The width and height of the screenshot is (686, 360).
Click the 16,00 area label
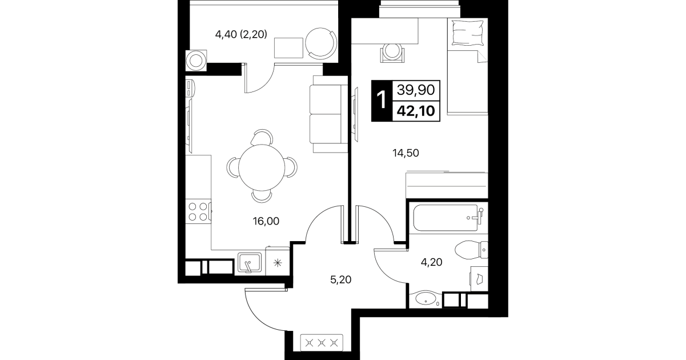pyautogui.click(x=266, y=221)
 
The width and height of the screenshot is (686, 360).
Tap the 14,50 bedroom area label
pyautogui.click(x=406, y=153)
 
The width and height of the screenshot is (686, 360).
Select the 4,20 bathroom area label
pyautogui.click(x=431, y=262)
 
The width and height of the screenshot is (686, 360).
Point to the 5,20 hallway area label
pyautogui.click(x=340, y=279)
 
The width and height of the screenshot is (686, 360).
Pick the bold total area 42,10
pyautogui.click(x=416, y=111)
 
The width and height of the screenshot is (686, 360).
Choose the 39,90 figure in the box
pyautogui.click(x=416, y=90)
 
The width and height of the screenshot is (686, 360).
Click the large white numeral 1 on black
pyautogui.click(x=382, y=100)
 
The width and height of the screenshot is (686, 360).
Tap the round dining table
pyautogui.click(x=262, y=167)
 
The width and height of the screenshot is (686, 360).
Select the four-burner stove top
pyautogui.click(x=198, y=211)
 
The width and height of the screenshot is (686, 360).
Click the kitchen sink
pyautogui.click(x=250, y=263)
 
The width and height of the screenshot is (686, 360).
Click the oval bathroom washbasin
pyautogui.click(x=425, y=299)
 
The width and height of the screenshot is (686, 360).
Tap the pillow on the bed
pyautogui.click(x=468, y=32)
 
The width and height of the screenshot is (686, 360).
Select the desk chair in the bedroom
pyautogui.click(x=392, y=53)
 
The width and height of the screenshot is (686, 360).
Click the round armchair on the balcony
pyautogui.click(x=320, y=43)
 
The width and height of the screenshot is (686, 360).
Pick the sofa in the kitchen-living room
pyautogui.click(x=328, y=114)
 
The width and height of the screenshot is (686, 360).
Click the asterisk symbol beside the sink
pyautogui.click(x=278, y=262)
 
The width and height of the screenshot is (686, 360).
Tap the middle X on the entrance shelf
pyautogui.click(x=321, y=342)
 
